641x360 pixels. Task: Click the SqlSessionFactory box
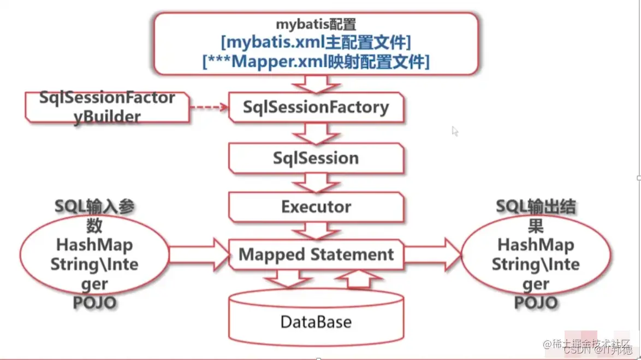click(x=316, y=107)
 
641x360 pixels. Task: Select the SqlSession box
click(x=316, y=158)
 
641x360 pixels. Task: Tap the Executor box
click(x=316, y=207)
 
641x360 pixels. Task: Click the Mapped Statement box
click(x=316, y=255)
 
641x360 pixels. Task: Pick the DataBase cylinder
click(x=316, y=321)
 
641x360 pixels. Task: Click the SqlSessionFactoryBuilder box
click(x=107, y=107)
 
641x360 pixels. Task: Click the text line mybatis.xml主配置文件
click(x=316, y=42)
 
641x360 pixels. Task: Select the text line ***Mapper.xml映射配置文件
click(x=316, y=61)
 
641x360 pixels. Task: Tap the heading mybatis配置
click(x=316, y=25)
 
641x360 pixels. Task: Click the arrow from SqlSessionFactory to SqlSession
click(x=316, y=133)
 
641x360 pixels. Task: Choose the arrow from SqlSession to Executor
click(x=316, y=181)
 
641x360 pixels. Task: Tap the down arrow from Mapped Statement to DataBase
click(x=286, y=279)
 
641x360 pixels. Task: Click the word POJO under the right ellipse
click(x=536, y=302)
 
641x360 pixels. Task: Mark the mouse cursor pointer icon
click(x=455, y=131)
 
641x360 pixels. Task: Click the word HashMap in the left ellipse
click(x=95, y=245)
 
